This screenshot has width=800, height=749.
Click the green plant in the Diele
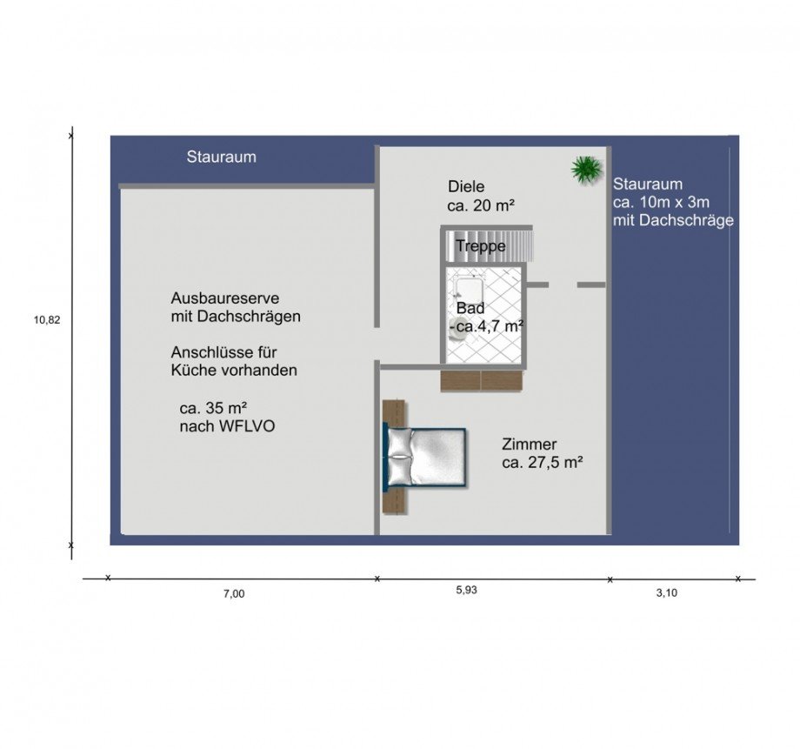tap(587, 169)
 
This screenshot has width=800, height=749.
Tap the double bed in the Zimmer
tap(424, 458)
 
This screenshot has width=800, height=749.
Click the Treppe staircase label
tap(481, 246)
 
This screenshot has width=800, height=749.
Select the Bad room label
tap(470, 308)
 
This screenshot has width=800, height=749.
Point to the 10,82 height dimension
tap(47, 320)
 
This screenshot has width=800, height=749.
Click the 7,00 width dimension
tap(234, 594)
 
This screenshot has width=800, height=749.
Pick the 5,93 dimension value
tap(466, 590)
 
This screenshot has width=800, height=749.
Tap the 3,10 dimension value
tap(666, 592)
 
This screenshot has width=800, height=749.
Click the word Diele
tap(466, 186)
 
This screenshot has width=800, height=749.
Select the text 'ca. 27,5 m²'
tap(543, 463)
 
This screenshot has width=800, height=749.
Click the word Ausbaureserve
tap(225, 298)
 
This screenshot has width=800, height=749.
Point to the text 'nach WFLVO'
tap(227, 426)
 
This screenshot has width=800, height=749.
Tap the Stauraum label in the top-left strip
tap(222, 157)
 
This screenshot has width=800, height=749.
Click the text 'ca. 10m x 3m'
tap(661, 202)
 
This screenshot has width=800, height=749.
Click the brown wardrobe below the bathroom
tap(482, 381)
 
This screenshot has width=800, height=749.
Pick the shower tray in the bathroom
tap(469, 289)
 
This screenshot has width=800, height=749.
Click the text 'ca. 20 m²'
tap(481, 206)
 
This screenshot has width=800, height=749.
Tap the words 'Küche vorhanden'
tap(234, 371)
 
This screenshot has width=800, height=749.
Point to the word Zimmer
tap(529, 445)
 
